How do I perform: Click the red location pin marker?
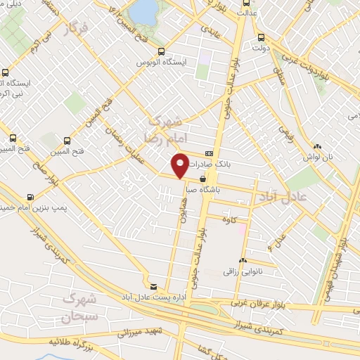click(x=181, y=165)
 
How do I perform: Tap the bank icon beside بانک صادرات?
click(x=209, y=154)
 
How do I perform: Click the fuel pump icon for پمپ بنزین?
click(x=30, y=197)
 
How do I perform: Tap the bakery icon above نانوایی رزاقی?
click(x=243, y=259)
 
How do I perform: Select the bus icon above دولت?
click(x=262, y=38)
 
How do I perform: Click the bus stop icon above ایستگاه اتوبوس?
click(x=162, y=51)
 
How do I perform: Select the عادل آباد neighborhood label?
click(x=283, y=193)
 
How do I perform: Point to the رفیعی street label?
click(x=286, y=131)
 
